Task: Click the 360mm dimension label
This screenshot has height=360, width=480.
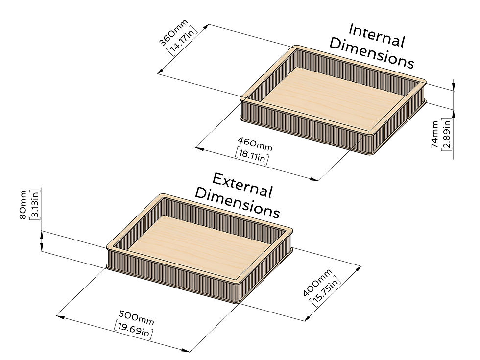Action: tap(173, 32)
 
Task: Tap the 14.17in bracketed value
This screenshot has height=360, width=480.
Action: tap(182, 40)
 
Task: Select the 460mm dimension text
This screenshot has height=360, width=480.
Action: tap(255, 144)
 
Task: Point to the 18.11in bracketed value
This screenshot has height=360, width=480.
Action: tap(252, 156)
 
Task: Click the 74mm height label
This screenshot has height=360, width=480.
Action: tap(435, 135)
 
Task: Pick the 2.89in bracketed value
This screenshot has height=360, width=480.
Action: tap(446, 135)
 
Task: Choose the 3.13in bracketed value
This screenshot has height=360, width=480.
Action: tap(35, 204)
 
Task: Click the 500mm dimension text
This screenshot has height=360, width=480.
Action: tap(137, 318)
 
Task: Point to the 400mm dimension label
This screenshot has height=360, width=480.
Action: tap(317, 283)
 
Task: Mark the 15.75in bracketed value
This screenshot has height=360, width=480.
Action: tap(326, 291)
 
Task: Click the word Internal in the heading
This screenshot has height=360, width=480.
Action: tap(377, 36)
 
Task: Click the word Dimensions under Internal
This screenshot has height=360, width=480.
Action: tap(372, 53)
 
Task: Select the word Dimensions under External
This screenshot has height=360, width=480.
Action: tap(237, 203)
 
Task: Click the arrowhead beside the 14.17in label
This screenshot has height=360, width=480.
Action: tap(205, 27)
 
